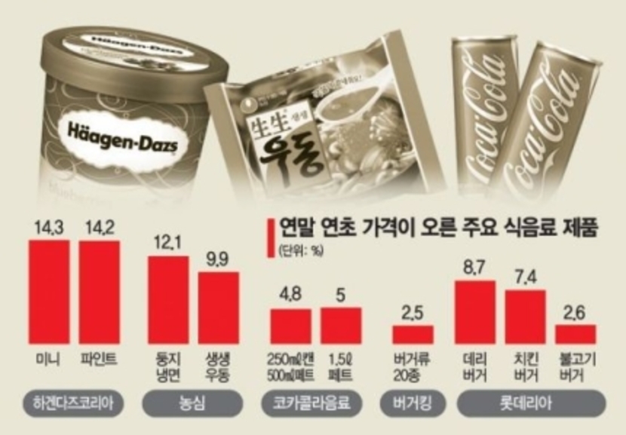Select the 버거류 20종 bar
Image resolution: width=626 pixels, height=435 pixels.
tap(413, 335)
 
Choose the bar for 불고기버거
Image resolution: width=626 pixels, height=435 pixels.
tap(575, 334)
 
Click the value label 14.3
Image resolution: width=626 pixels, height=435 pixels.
tap(48, 228)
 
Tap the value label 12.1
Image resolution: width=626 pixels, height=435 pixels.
tap(167, 244)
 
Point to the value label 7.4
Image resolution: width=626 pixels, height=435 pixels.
tap(525, 277)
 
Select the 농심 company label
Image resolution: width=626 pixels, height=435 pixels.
tap(193, 403)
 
